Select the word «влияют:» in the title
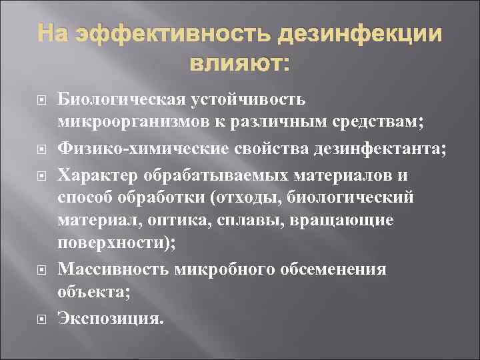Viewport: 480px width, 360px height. (240, 65)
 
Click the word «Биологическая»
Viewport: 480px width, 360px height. (120, 99)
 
